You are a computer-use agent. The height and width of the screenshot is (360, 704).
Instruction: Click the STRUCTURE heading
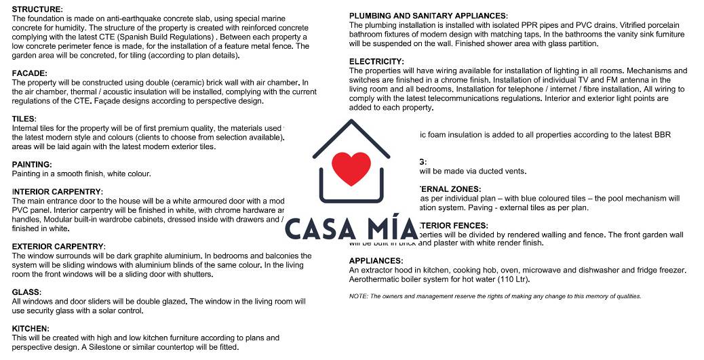[x=37, y=9]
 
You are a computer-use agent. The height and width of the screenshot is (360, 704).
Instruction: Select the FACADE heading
[x=30, y=73]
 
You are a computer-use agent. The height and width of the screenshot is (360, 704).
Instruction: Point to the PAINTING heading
[x=32, y=165]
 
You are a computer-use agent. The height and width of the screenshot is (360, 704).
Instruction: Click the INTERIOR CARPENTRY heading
[x=58, y=192]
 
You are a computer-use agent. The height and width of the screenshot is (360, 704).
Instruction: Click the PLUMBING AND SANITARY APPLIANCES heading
[x=428, y=16]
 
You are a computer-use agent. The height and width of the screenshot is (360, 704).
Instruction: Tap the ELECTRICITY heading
[x=376, y=62]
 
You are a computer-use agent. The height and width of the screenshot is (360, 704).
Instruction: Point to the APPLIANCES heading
[x=376, y=261]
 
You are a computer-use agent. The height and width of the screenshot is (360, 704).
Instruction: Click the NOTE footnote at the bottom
[x=494, y=296]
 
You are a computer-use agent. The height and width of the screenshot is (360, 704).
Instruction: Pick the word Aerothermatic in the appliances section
[x=375, y=279]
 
